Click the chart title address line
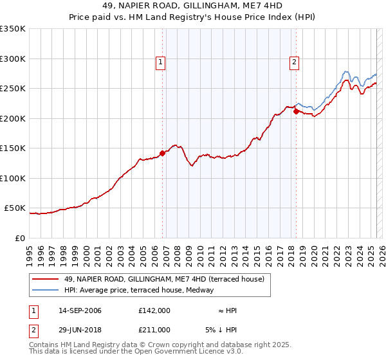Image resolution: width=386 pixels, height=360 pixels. [193, 6]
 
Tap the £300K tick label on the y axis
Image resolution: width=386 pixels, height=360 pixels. [13, 59]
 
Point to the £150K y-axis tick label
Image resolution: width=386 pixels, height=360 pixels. [13, 148]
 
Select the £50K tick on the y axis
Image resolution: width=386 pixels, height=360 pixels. [15, 208]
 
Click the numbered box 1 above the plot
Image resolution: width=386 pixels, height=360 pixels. [160, 62]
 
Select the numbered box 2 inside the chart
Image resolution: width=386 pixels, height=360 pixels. [294, 62]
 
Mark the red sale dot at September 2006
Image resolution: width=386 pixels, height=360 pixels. [162, 153]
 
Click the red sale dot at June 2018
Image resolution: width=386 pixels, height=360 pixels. [296, 111]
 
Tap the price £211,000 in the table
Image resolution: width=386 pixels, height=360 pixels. [154, 330]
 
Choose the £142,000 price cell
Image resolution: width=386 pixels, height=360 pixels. [154, 310]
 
